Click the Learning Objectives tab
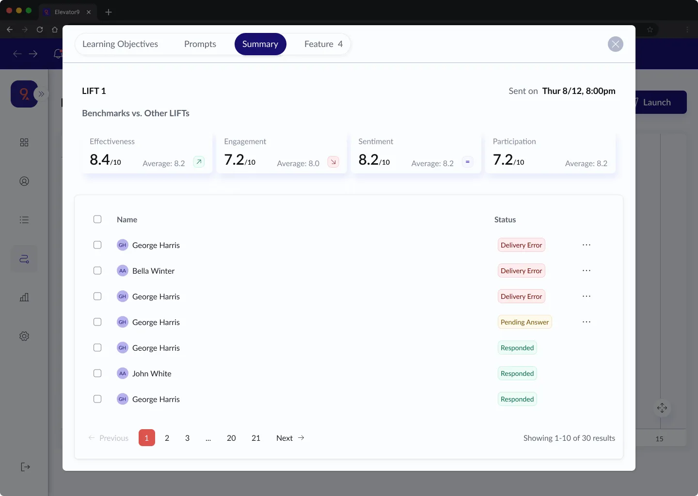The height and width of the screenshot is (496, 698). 120,44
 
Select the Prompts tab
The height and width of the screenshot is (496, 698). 200,44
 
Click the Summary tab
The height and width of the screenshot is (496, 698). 260,44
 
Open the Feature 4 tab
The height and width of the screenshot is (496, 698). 323,44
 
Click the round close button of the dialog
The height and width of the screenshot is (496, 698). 615,45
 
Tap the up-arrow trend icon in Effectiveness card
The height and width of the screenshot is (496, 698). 199,162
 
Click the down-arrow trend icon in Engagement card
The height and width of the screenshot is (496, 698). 333,162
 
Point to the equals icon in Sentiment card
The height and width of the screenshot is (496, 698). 467,162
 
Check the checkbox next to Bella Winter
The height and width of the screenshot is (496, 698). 97,271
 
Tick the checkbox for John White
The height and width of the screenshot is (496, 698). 97,373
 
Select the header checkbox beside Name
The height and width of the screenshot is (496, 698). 97,219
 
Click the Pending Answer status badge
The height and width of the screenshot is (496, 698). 524,322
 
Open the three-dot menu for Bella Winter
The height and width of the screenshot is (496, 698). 587,271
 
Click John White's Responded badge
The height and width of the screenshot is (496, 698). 517,373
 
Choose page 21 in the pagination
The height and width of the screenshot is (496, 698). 256,438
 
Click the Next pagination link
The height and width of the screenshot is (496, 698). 290,438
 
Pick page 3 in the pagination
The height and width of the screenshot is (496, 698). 187,438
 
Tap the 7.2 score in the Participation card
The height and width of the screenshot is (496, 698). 503,160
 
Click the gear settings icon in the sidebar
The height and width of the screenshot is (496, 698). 24,336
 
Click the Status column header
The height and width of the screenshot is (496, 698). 505,219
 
